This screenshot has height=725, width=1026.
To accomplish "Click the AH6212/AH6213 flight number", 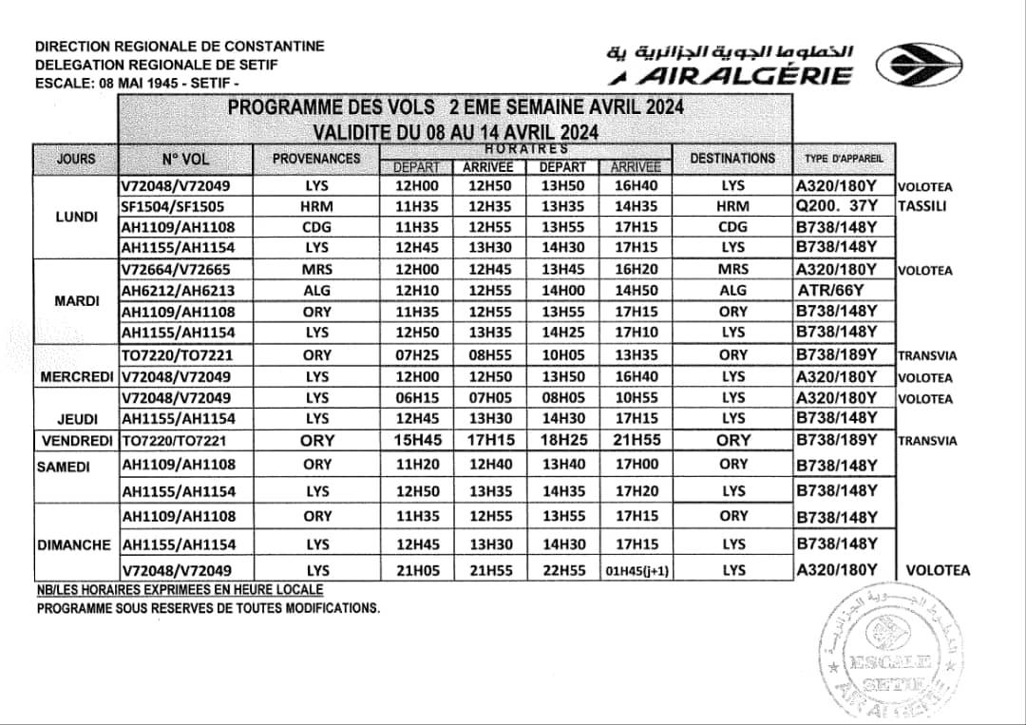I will tap(176, 291).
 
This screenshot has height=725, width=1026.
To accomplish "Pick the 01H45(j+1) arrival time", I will tap(636, 572).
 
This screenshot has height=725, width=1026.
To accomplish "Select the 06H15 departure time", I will tap(416, 398).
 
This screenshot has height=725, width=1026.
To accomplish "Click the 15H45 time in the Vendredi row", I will tap(416, 441).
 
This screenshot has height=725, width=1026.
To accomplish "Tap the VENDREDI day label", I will tap(76, 441).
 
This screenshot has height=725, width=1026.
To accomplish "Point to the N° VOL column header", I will tap(185, 159).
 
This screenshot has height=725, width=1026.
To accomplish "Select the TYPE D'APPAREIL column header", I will tap(843, 159).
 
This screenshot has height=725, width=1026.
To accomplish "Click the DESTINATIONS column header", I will tap(732, 159).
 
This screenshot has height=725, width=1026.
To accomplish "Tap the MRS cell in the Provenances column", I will tap(316, 270).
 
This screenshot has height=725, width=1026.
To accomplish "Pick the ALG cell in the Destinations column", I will tap(732, 291).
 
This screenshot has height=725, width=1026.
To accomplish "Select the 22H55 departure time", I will tap(563, 570).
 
